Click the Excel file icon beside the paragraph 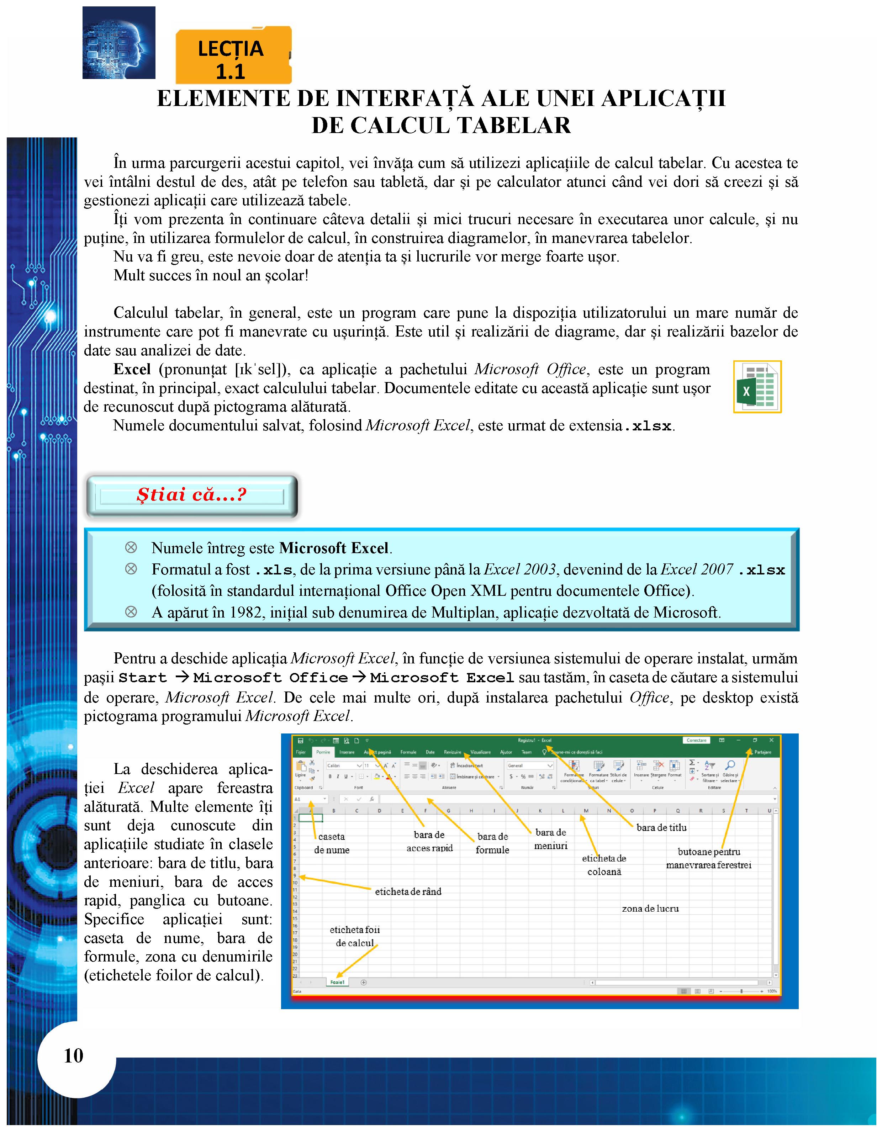click(757, 387)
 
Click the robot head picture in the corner click(119, 43)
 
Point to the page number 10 click(73, 1056)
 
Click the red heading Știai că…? click(191, 494)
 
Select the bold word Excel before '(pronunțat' click(132, 369)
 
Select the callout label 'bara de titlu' click(661, 828)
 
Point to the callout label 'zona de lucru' click(650, 908)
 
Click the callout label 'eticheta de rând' click(408, 891)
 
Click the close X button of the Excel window click(771, 741)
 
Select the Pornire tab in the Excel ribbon click(323, 752)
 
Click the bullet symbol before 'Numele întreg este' click(131, 548)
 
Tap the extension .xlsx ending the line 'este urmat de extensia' click(648, 426)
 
